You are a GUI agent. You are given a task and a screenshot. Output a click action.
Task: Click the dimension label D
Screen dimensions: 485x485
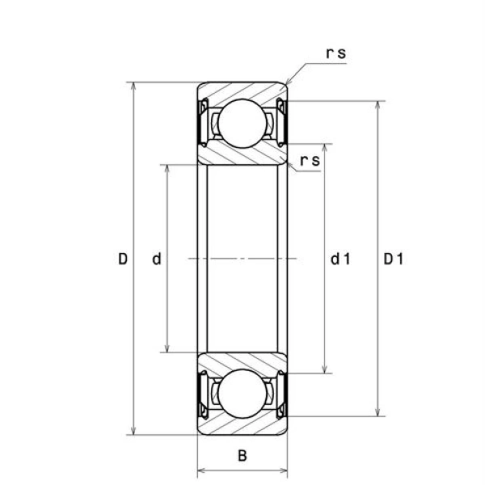tap(123, 259)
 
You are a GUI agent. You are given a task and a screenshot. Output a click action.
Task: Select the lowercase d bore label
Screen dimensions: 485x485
tap(157, 259)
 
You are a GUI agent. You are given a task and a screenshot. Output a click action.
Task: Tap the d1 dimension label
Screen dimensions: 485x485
tap(340, 259)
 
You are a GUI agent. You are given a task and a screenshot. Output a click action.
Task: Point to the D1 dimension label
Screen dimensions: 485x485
tap(394, 259)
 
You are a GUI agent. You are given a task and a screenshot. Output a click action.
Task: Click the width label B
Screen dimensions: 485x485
tap(242, 456)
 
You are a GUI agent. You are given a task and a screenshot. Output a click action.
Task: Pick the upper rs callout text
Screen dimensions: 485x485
tap(336, 53)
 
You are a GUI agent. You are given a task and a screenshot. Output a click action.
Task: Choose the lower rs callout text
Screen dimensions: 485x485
tap(310, 161)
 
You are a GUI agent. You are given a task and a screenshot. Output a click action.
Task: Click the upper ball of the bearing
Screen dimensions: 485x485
tap(242, 123)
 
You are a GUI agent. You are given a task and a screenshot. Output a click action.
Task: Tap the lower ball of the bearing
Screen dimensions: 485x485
tap(242, 394)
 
